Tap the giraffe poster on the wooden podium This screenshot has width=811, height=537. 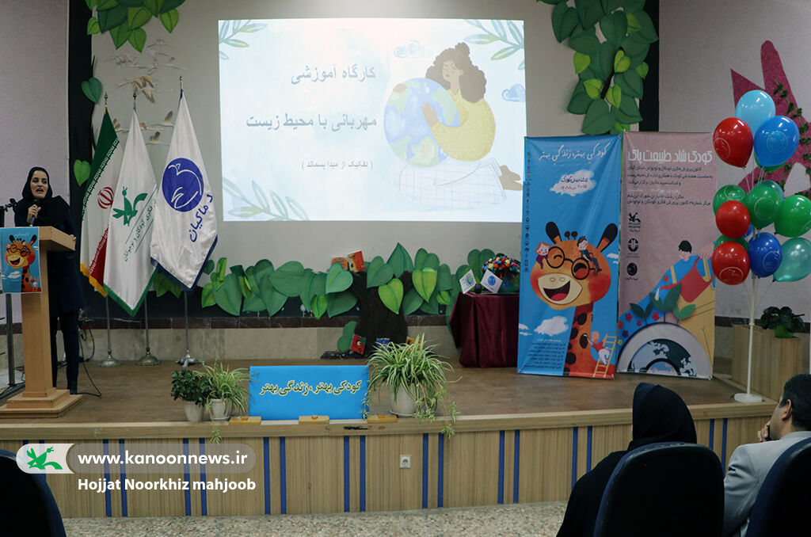(20, 260)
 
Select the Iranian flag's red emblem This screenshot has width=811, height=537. (105, 197)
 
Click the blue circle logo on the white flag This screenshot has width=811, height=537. (182, 185)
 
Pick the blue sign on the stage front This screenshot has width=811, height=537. (308, 390)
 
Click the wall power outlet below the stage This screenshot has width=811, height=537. (405, 461)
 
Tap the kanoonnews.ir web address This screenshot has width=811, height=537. (162, 459)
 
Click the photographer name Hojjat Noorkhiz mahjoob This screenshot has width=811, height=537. (166, 485)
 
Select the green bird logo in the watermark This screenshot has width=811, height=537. (44, 459)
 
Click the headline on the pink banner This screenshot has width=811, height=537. (670, 155)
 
